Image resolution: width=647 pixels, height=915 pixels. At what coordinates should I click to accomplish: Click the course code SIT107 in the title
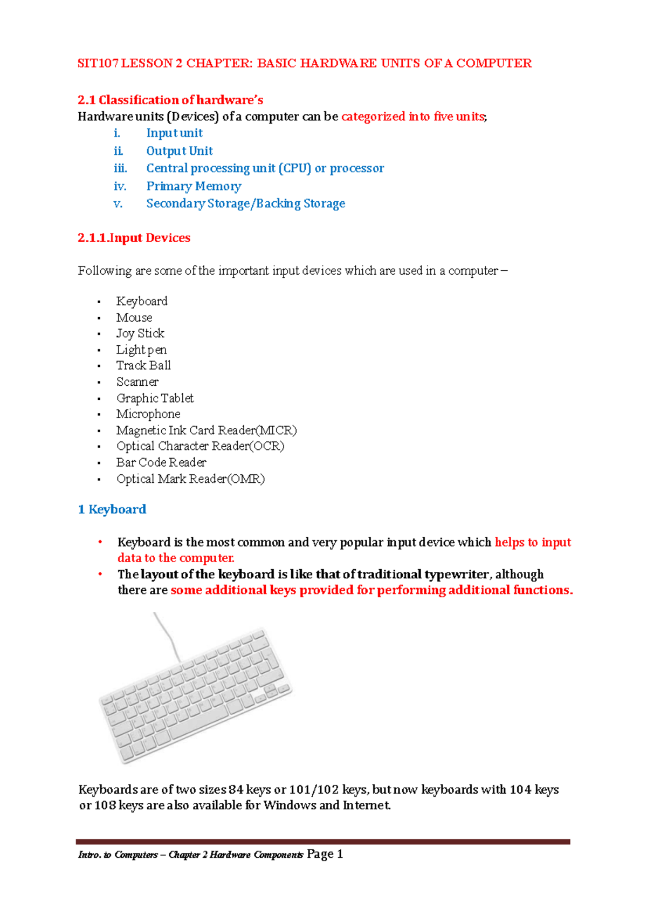98,64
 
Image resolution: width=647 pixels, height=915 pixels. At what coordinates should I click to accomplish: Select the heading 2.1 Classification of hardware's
170,100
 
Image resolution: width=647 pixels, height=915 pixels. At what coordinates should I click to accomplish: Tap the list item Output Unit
179,151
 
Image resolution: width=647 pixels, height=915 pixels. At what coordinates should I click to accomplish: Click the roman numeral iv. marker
120,187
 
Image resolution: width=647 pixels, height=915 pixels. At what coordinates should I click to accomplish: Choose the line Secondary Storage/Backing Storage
245,204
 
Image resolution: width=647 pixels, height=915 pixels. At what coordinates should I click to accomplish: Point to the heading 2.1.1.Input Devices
134,238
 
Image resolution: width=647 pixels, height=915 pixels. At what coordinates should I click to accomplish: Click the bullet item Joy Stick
140,333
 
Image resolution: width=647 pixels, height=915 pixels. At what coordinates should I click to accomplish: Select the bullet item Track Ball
143,366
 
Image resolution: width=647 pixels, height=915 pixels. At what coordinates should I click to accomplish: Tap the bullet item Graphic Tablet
155,398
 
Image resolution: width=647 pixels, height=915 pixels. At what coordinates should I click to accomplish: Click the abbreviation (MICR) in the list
276,431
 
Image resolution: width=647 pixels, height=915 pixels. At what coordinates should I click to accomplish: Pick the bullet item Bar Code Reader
161,463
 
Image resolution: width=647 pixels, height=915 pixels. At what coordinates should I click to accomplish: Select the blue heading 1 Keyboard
112,510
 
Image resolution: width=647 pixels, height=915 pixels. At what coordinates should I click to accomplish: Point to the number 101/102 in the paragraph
314,790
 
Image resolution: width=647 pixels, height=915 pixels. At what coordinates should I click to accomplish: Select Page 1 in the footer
325,854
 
